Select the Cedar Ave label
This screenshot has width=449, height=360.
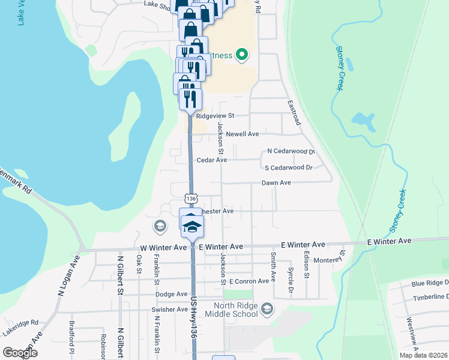212,160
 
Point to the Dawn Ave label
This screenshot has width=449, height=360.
276,182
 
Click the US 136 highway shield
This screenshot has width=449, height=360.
191,198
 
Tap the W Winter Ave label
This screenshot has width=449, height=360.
163,247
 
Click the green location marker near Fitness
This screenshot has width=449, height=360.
242,55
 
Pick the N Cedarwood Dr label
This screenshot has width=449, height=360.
291,151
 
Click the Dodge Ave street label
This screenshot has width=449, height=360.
172,294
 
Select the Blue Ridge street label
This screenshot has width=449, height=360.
430,283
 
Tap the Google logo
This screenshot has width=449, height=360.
20,353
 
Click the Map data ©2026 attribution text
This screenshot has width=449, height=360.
423,355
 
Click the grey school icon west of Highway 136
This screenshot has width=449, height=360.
160,226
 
